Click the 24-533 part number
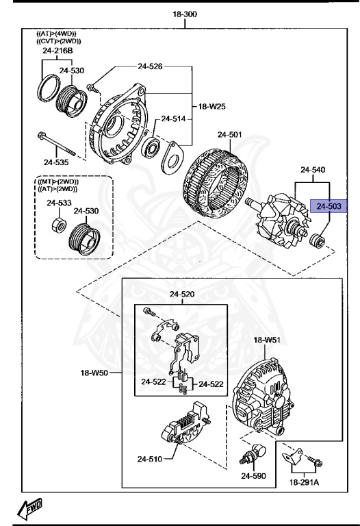click(59, 203)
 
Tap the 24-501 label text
click(230, 134)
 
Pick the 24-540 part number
click(313, 168)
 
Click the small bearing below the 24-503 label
click(317, 241)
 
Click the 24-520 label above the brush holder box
click(182, 294)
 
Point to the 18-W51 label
click(268, 340)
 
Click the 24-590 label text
click(254, 475)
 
